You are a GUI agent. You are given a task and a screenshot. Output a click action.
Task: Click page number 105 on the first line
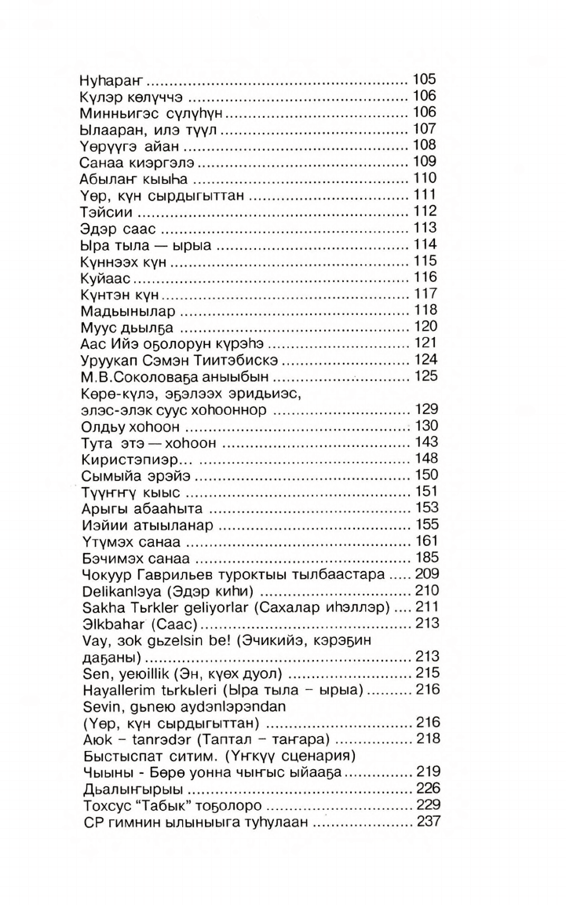coord(424,80)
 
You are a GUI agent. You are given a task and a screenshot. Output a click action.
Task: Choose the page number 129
coord(424,410)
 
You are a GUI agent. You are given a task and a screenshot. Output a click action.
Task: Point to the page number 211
coord(424,608)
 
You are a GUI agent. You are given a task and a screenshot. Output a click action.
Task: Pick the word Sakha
coord(99,608)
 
